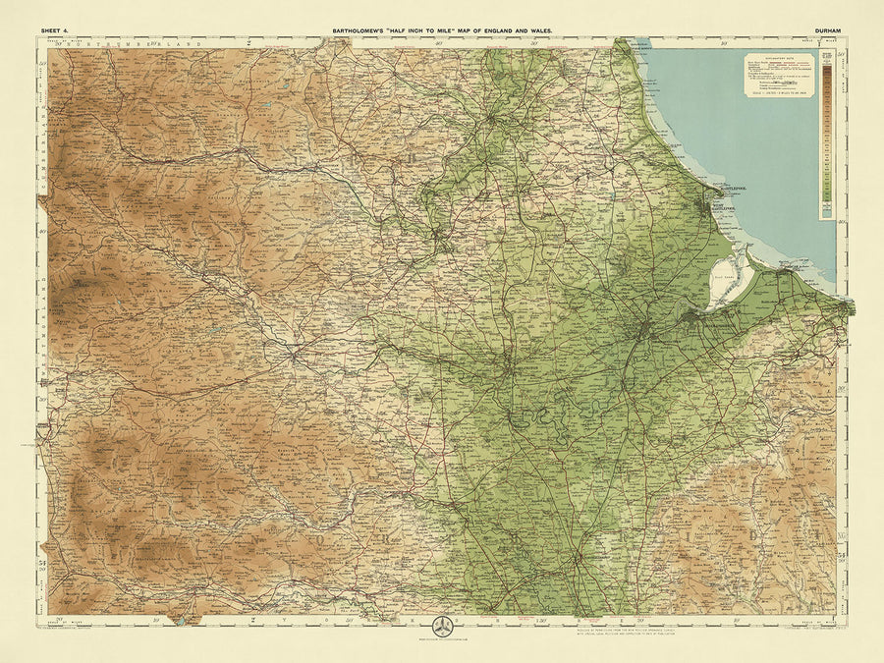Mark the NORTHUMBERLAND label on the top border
[x=118, y=43]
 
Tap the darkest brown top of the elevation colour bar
[x=827, y=71]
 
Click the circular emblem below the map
[x=441, y=630]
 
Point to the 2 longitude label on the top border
[x=249, y=43]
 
